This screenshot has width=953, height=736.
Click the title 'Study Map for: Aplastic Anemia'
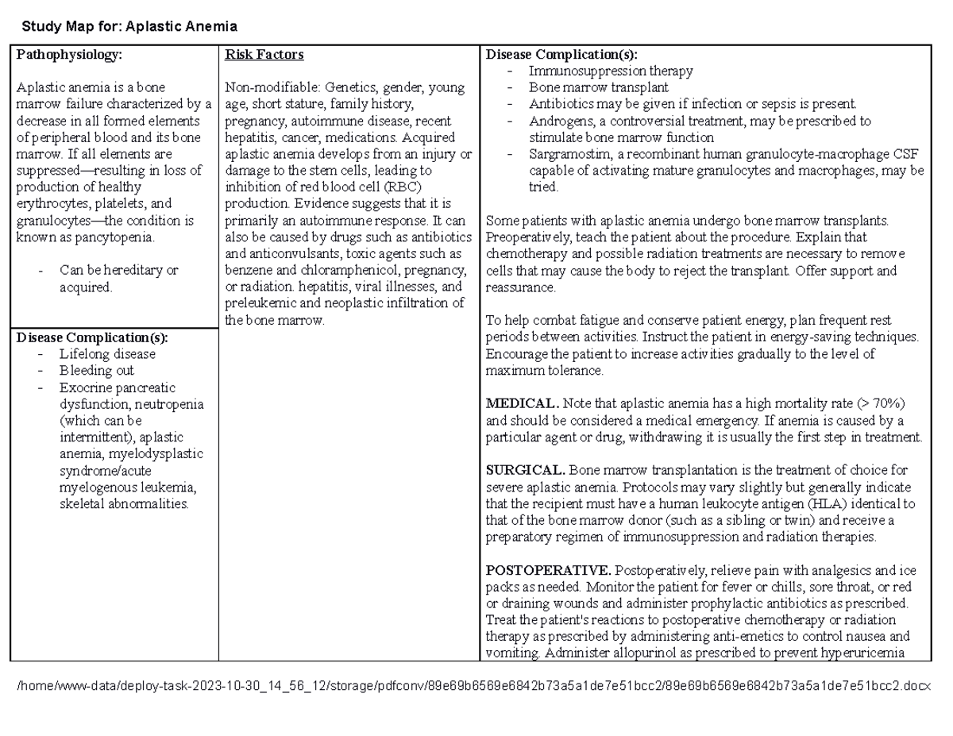point(129,27)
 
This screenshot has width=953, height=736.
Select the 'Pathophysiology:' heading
point(70,55)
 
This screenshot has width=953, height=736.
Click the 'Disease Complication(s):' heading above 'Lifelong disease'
point(92,337)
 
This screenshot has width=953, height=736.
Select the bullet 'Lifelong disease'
point(107,354)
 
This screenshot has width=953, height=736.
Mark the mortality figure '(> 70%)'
point(882,404)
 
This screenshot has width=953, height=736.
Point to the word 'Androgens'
point(557,121)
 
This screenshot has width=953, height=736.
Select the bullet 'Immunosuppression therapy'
point(611,71)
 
